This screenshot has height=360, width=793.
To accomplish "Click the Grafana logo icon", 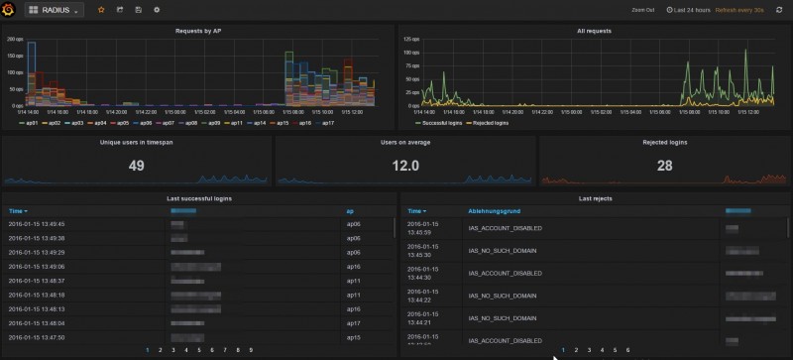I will click(x=10, y=9).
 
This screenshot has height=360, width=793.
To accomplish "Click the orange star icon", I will click(x=100, y=9).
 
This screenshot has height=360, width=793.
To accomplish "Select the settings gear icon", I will click(x=157, y=9).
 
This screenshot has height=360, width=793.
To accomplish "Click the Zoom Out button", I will click(x=642, y=10).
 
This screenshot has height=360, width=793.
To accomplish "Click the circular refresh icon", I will click(x=779, y=10).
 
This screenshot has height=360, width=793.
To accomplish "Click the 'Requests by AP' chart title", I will click(x=197, y=31).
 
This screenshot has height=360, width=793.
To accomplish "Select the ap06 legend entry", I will click(x=145, y=122).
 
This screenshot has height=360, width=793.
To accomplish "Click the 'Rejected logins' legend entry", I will click(x=488, y=122).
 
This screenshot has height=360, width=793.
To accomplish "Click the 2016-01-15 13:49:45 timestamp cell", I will click(x=38, y=224).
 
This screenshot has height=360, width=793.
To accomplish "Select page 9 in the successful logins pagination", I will click(x=251, y=350).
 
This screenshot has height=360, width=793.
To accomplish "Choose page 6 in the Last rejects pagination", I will click(x=627, y=350).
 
